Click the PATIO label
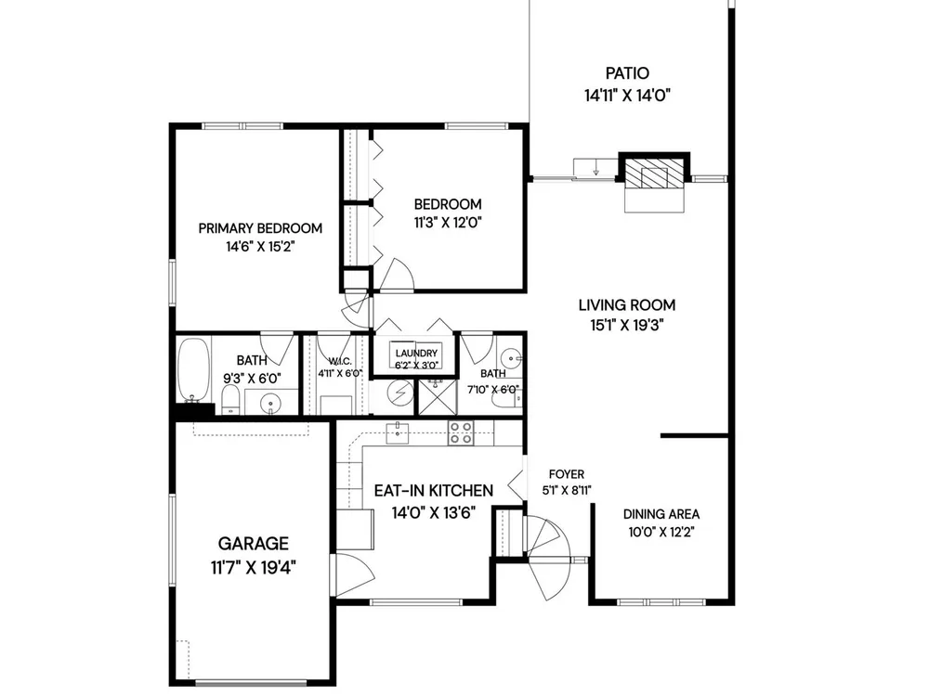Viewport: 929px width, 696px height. coord(627,73)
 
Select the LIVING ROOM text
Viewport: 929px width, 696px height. coord(627,305)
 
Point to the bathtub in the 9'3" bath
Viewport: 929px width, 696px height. coord(194,369)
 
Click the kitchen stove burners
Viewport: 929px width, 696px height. coord(461,432)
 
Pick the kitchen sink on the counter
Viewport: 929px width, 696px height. coord(398,433)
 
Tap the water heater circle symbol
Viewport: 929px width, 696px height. coord(399,392)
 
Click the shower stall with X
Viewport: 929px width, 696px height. coord(438,396)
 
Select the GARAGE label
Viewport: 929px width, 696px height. coord(253,543)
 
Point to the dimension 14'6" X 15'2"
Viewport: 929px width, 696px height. coord(260,247)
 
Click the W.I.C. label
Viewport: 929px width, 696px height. coord(340,361)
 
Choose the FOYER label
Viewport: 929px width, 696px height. coord(567,474)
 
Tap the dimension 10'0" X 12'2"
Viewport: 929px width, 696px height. coord(661,532)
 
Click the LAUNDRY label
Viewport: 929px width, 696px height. coord(416,353)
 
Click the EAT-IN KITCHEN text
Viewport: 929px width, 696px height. coord(434,491)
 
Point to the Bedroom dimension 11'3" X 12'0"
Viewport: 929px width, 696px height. coord(448,223)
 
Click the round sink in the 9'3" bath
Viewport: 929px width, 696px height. coord(270,404)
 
